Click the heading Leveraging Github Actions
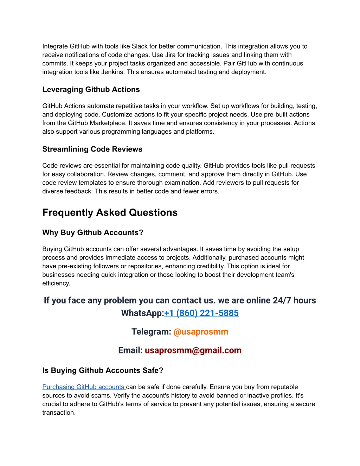(91, 90)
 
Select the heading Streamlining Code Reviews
(92, 149)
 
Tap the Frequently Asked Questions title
(110, 212)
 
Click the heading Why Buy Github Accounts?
(93, 232)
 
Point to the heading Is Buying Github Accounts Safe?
(103, 370)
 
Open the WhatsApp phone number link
(201, 313)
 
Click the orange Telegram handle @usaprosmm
(201, 332)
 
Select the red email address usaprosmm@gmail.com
(193, 350)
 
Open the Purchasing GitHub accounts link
(84, 387)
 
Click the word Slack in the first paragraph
(140, 46)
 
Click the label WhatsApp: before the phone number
(142, 313)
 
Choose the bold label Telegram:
(151, 332)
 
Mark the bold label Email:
(130, 350)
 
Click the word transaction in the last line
(58, 413)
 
